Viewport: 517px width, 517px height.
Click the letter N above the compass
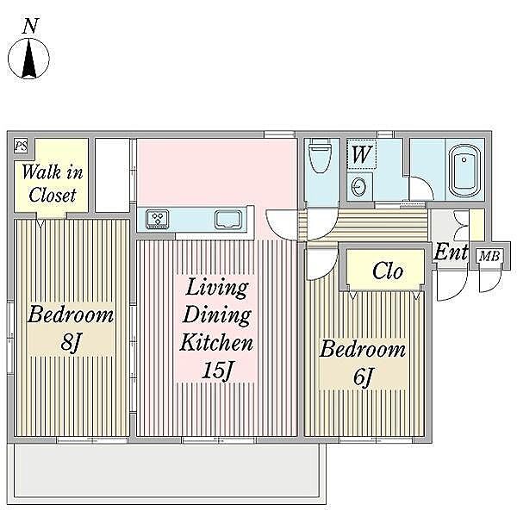31,27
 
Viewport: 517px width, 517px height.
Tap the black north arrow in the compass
29,59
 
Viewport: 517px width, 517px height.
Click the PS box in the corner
21,146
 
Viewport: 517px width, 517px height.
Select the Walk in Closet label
52,184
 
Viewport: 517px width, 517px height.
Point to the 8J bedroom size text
71,342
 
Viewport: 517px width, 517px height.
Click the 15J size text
217,371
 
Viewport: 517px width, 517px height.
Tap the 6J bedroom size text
363,377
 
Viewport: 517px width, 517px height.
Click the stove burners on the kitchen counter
158,219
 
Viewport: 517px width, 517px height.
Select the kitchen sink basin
227,220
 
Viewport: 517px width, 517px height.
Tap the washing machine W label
362,154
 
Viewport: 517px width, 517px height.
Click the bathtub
464,171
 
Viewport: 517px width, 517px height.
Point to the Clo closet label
388,271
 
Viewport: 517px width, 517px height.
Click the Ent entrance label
451,252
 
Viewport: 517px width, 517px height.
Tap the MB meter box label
489,256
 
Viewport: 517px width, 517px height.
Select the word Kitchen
216,343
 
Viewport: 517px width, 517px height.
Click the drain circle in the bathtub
464,160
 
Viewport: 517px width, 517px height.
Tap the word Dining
216,316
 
